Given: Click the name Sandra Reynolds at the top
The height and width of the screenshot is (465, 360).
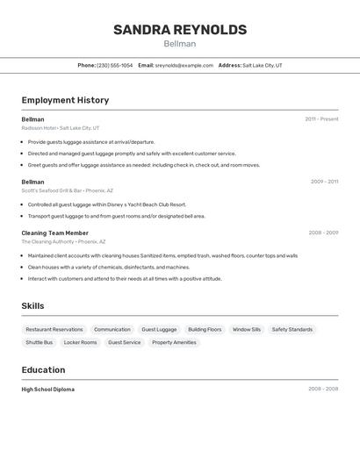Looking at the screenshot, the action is click(180, 30).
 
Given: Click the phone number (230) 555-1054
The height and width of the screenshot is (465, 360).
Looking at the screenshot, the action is click(114, 65).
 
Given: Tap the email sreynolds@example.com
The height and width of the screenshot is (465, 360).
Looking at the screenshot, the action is click(184, 65).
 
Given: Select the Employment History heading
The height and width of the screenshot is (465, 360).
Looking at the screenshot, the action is click(65, 101).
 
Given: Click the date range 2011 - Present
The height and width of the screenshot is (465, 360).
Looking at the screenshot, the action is click(321, 119).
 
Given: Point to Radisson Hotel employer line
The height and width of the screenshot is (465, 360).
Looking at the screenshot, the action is click(61, 128).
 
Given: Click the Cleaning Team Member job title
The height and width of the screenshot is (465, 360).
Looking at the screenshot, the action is click(55, 232).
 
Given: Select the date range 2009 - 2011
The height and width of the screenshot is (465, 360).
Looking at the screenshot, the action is click(324, 182).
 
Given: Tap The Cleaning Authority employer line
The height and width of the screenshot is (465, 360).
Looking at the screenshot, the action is click(63, 241).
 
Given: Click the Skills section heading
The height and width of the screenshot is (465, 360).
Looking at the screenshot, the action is click(33, 306).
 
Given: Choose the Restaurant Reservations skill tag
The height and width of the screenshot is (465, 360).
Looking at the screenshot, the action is click(54, 330).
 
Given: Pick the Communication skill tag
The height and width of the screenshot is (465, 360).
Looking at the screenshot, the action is click(112, 330).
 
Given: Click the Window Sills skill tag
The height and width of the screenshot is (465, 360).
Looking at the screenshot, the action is click(247, 330).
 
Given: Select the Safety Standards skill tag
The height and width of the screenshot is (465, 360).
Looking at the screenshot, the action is click(292, 330).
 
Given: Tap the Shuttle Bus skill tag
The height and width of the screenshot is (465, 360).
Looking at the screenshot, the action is click(40, 343).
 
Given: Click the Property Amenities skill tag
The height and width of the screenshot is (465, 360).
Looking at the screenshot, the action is click(174, 343).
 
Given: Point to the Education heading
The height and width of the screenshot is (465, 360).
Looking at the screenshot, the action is click(43, 370).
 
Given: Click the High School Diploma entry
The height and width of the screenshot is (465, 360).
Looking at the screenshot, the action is click(48, 389).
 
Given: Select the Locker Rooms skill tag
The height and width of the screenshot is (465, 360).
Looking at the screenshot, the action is click(81, 343).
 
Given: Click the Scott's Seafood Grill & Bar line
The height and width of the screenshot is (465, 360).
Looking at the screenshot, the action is click(63, 190).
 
